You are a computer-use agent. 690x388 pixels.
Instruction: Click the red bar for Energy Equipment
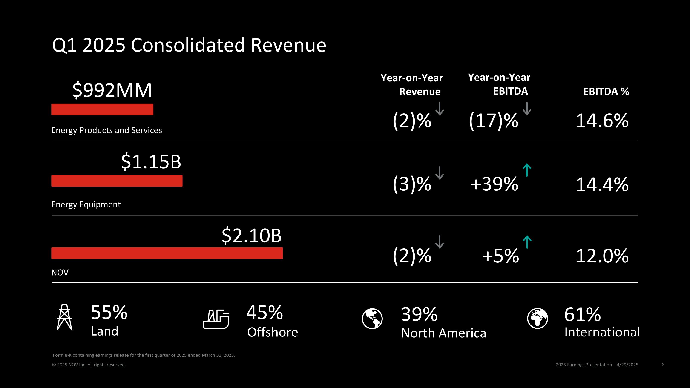(x=117, y=181)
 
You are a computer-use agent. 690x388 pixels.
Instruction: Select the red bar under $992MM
(x=102, y=109)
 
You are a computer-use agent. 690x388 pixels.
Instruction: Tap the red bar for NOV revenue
(x=167, y=253)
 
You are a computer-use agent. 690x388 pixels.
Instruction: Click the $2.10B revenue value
(x=252, y=236)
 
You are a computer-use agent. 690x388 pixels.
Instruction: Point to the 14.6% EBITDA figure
(x=602, y=121)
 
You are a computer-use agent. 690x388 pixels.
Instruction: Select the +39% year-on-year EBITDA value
(x=494, y=184)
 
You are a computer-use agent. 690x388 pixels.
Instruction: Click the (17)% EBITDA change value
(x=493, y=121)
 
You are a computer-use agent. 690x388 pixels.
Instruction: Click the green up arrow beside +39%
(x=527, y=170)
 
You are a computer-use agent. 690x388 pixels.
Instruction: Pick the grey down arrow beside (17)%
(x=527, y=109)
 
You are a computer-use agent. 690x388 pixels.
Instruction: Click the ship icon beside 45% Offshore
(x=216, y=319)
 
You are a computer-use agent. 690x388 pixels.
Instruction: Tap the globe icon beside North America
(x=372, y=319)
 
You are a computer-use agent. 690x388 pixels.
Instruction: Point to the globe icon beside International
(x=537, y=318)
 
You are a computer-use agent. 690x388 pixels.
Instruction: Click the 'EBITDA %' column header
(x=606, y=92)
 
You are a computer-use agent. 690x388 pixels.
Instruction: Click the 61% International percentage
(x=582, y=314)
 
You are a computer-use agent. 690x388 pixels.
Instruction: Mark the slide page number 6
(x=663, y=365)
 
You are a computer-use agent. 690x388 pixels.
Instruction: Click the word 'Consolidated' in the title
(x=188, y=45)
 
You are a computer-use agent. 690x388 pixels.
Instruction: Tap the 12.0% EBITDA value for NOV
(x=602, y=256)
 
